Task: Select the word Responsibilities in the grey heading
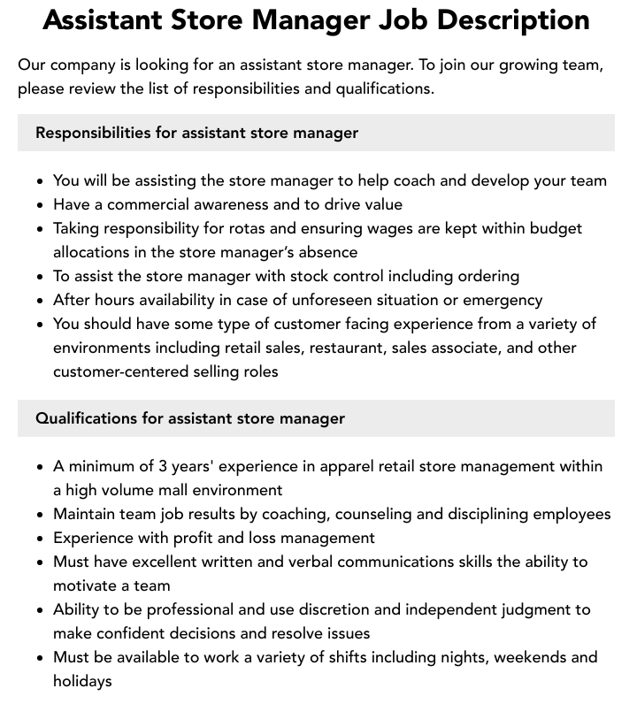coord(93,133)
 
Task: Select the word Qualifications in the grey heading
coord(87,418)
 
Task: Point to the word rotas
coord(258,228)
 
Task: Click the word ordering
coord(485,276)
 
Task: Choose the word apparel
coord(337,466)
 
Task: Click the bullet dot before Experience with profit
coord(41,539)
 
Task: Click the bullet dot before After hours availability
coord(41,301)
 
